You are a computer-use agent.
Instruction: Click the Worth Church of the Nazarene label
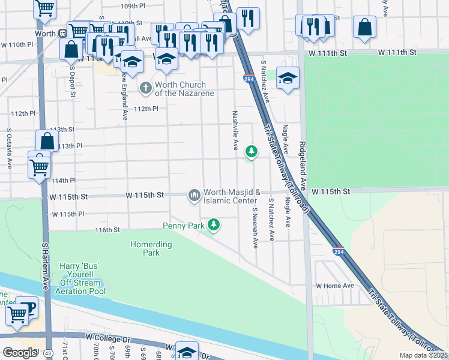(x=181, y=89)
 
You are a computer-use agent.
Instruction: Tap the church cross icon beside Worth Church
(x=145, y=89)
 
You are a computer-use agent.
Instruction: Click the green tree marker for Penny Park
(x=213, y=226)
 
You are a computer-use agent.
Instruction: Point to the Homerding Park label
(x=151, y=248)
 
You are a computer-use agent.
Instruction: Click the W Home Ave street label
(x=335, y=286)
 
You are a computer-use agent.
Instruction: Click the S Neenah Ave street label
(x=255, y=229)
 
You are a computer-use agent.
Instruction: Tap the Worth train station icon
(x=62, y=34)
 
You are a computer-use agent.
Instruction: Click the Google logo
(x=20, y=353)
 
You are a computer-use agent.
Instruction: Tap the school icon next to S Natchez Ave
(x=288, y=79)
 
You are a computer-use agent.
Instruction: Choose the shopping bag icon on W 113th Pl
(x=47, y=142)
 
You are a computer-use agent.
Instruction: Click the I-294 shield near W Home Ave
(x=339, y=253)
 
